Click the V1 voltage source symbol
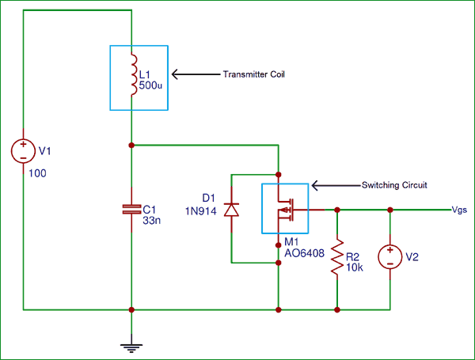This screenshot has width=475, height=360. (x=24, y=150)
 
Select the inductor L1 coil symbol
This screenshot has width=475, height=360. (x=131, y=74)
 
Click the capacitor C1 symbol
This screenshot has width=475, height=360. (x=131, y=210)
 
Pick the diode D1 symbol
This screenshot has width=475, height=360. (x=230, y=210)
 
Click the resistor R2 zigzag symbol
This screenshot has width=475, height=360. (x=338, y=257)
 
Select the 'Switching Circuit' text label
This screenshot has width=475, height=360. (x=394, y=185)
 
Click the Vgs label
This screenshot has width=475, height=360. (x=460, y=210)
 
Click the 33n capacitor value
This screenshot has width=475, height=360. (x=150, y=222)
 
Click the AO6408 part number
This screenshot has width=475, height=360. (x=304, y=255)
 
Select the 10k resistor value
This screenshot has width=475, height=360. (x=353, y=268)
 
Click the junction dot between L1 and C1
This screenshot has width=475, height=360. (x=131, y=146)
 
